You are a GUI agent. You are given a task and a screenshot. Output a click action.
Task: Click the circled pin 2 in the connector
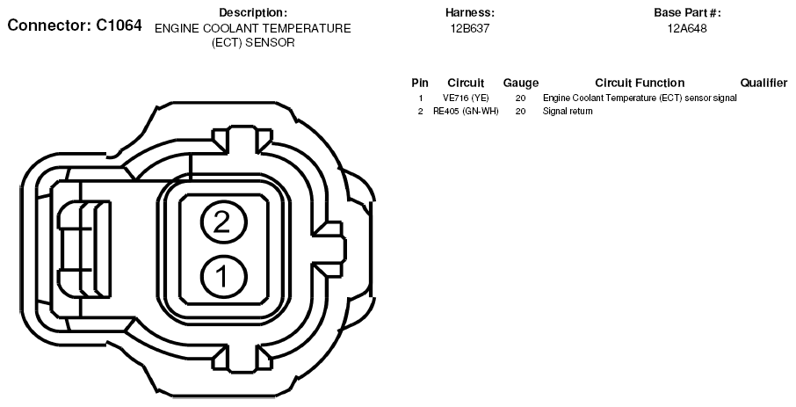[x=224, y=222]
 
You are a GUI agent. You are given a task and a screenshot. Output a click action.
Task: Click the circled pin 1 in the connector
[x=224, y=277]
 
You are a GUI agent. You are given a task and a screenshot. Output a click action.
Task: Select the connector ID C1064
[x=119, y=25]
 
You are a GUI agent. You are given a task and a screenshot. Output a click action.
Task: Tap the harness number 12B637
[x=469, y=28]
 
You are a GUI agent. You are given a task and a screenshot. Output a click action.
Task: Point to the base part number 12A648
[x=687, y=28]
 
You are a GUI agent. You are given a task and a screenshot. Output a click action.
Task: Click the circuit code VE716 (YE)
[x=466, y=98]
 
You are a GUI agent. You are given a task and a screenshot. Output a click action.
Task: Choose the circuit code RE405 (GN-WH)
[x=466, y=111]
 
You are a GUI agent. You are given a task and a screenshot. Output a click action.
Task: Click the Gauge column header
[x=521, y=83]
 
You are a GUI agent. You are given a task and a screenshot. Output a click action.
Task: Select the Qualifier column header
[x=763, y=83]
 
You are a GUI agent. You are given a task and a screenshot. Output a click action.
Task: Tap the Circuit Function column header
[x=640, y=83]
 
